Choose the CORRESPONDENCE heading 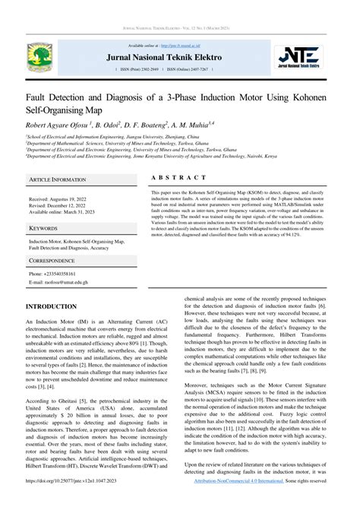click(x=52, y=260)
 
